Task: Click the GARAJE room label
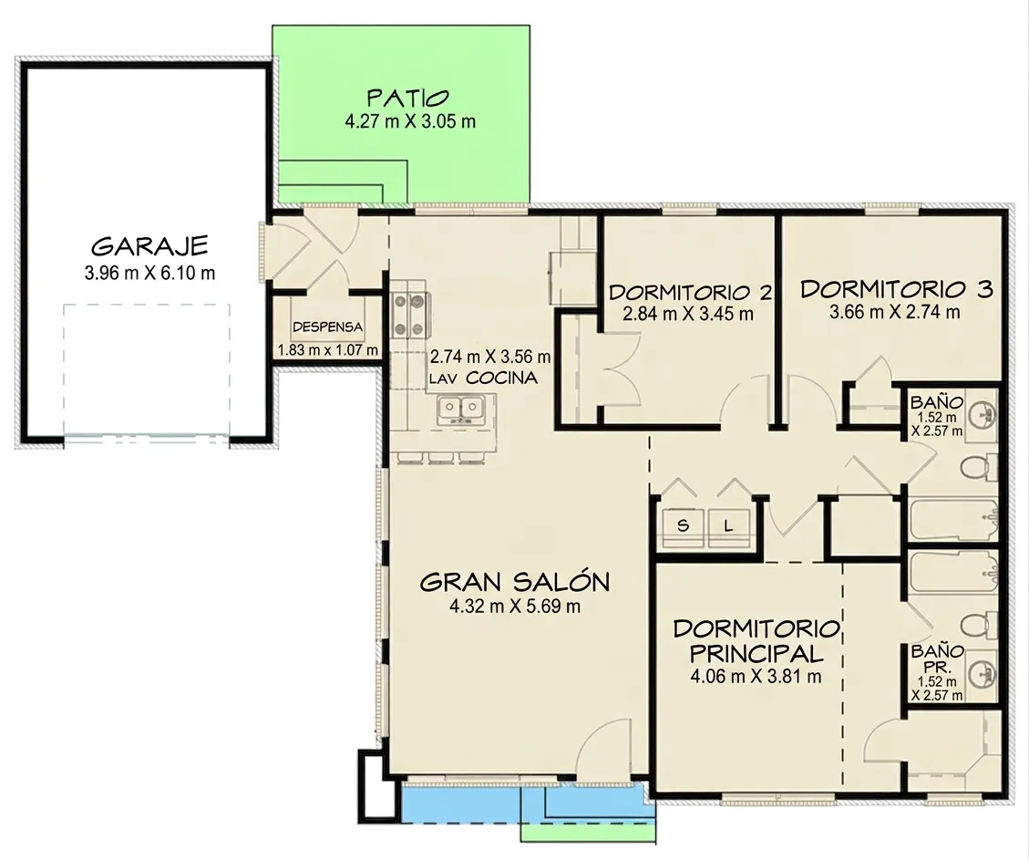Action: click(x=149, y=246)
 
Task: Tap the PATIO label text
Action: click(x=408, y=99)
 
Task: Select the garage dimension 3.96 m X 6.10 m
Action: click(x=149, y=273)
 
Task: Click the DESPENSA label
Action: click(x=327, y=327)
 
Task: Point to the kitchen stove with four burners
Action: click(x=410, y=316)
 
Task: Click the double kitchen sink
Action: click(x=460, y=409)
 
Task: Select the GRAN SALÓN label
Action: click(x=514, y=583)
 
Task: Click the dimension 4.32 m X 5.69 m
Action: click(x=514, y=607)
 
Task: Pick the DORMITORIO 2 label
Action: click(x=690, y=292)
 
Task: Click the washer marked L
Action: click(x=728, y=526)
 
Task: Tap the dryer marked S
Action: click(x=684, y=526)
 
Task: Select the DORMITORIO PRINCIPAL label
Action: click(x=756, y=641)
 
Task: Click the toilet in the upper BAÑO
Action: click(x=979, y=468)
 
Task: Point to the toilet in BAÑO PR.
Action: click(x=979, y=624)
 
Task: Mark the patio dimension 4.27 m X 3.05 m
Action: click(x=409, y=121)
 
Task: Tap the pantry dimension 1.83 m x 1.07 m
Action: click(x=327, y=350)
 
